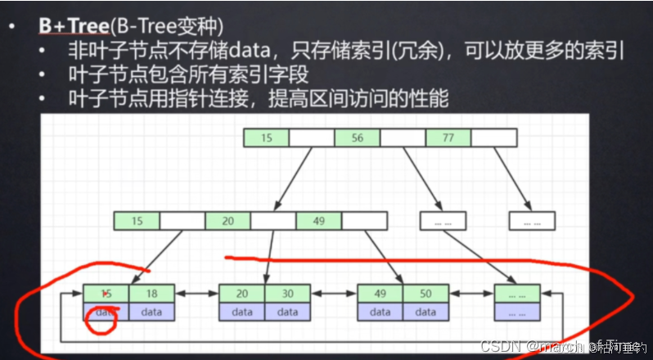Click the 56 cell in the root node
(x=358, y=138)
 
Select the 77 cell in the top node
(x=448, y=138)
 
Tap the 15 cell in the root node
(x=266, y=138)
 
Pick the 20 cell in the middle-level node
(x=227, y=220)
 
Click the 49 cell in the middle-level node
(x=319, y=220)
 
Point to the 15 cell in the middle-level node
(x=137, y=220)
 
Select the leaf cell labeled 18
(x=151, y=294)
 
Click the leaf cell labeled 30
(x=287, y=294)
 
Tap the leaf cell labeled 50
(x=426, y=294)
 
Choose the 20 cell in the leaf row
(x=241, y=294)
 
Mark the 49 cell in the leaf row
(x=380, y=294)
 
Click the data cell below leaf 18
(x=151, y=312)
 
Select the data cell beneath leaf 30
(x=287, y=312)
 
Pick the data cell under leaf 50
(x=426, y=312)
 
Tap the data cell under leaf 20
(x=241, y=312)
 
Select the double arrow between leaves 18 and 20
(x=196, y=294)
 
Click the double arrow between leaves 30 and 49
(x=334, y=294)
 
